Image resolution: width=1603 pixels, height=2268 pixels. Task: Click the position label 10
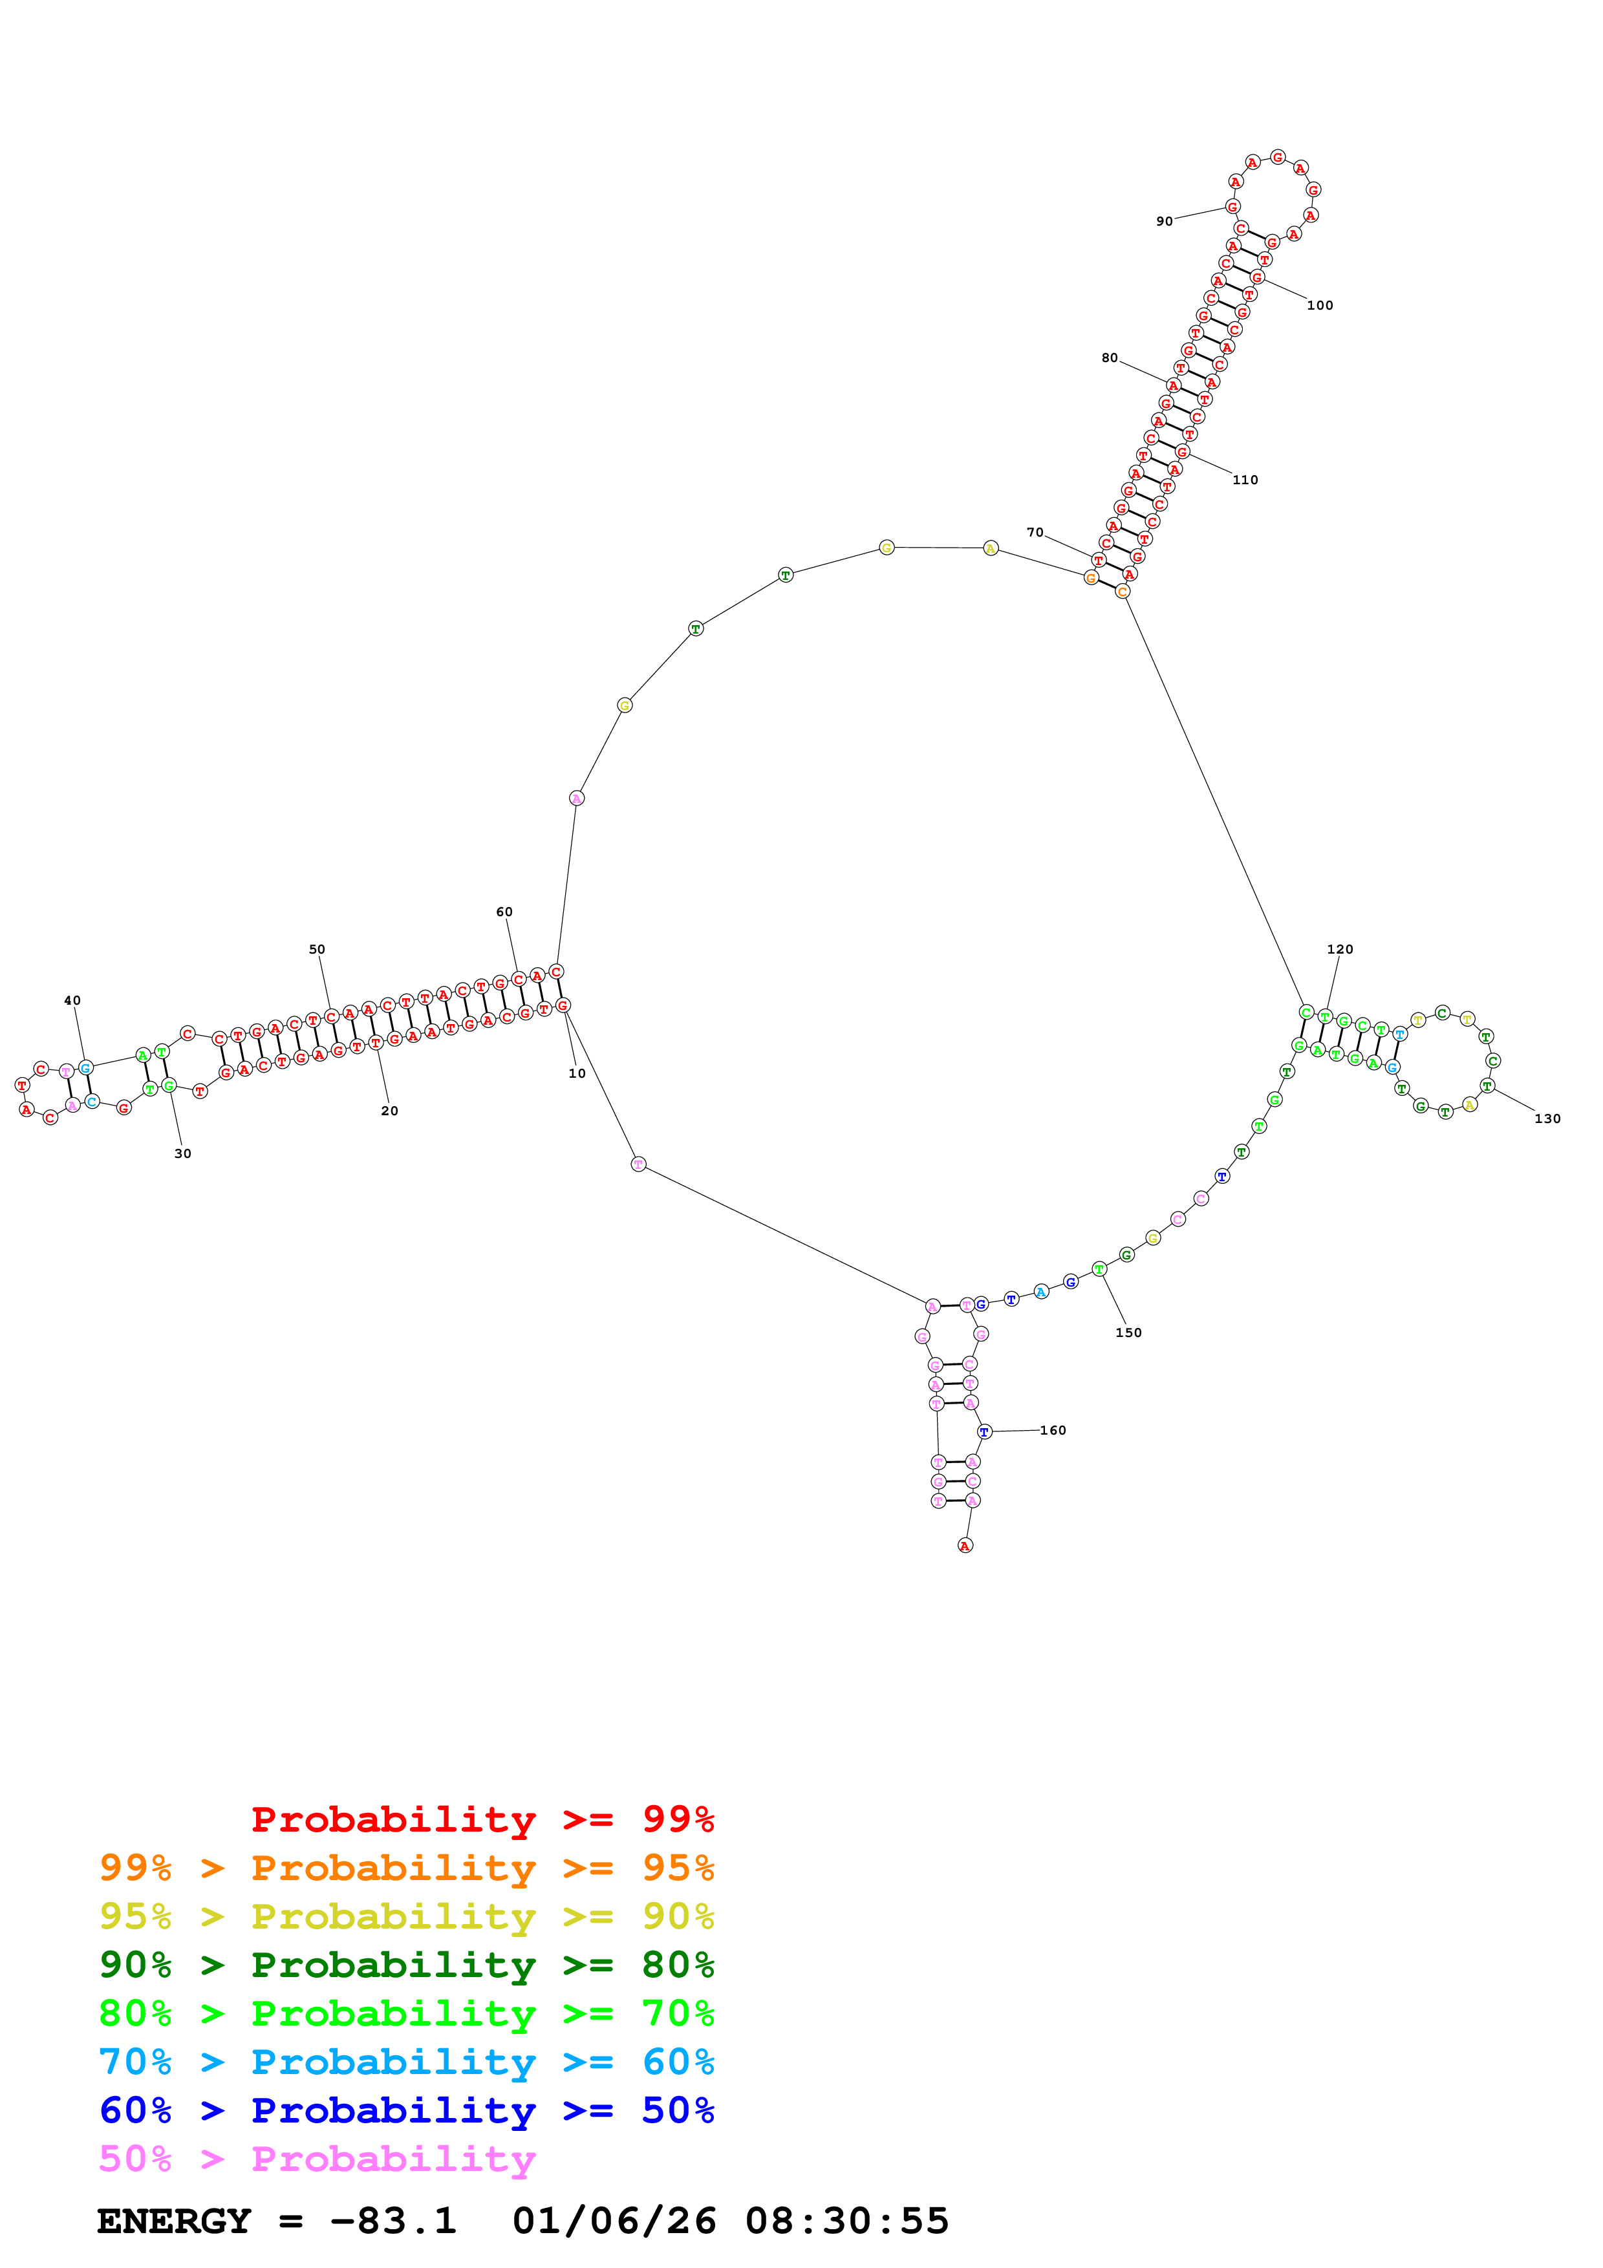pyautogui.click(x=577, y=1074)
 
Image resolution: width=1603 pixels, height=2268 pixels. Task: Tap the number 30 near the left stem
pyautogui.click(x=183, y=1154)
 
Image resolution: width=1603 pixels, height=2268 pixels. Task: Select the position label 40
pyautogui.click(x=72, y=1001)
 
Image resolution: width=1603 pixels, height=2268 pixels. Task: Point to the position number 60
pyautogui.click(x=505, y=912)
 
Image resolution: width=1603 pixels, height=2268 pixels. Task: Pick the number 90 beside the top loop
pyautogui.click(x=1165, y=221)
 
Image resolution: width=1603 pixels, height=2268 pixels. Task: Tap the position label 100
pyautogui.click(x=1320, y=305)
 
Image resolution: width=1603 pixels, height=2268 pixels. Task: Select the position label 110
pyautogui.click(x=1245, y=480)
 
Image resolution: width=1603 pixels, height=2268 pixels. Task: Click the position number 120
pyautogui.click(x=1339, y=949)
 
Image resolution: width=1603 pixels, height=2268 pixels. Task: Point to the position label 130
pyautogui.click(x=1547, y=1118)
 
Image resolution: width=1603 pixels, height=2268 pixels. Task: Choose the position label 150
pyautogui.click(x=1128, y=1332)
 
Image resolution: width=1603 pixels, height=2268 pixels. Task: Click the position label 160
pyautogui.click(x=1053, y=1430)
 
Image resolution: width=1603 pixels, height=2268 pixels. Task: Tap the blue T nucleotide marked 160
pyautogui.click(x=984, y=1431)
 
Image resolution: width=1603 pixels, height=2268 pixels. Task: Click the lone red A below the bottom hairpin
pyautogui.click(x=965, y=1545)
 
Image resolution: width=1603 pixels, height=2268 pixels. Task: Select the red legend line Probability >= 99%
pyautogui.click(x=482, y=1819)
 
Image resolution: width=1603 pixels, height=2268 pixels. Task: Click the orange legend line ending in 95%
pyautogui.click(x=406, y=1868)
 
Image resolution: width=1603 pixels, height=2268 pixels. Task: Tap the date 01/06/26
pyautogui.click(x=614, y=2221)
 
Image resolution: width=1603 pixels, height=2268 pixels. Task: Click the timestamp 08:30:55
pyautogui.click(x=846, y=2221)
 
